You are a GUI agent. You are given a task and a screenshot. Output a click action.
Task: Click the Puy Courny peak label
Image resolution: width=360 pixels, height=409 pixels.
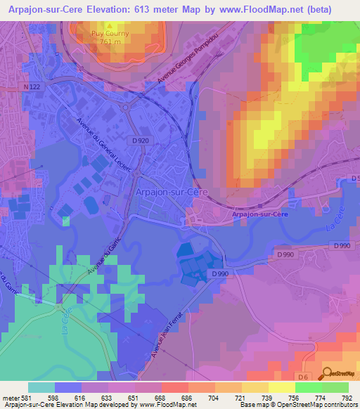tap(108, 32)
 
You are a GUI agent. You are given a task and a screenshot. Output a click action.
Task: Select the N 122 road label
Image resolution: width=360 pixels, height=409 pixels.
tap(31, 87)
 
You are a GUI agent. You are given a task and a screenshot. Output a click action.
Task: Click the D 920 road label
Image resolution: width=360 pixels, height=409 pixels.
tap(140, 141)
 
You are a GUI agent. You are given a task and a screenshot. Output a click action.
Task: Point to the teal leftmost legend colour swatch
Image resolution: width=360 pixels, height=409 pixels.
tap(41, 387)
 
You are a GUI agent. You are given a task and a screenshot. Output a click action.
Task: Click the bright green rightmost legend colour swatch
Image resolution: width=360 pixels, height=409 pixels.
tap(335, 387)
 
